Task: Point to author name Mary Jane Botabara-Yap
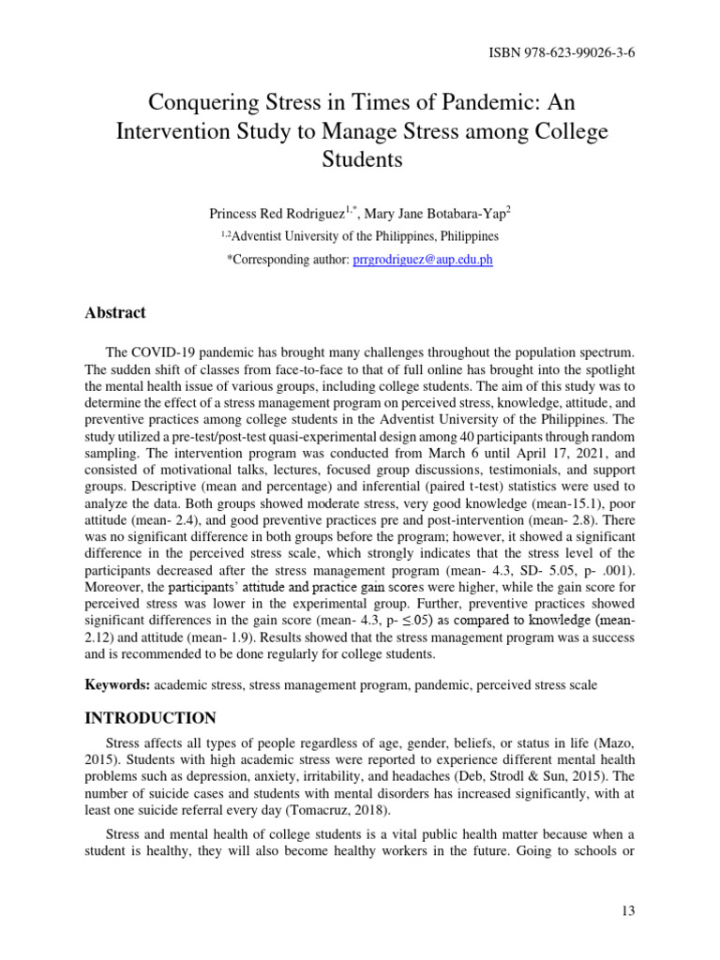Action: coord(434,214)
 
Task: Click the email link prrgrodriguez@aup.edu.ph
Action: coord(423,259)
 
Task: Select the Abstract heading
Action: coord(115,313)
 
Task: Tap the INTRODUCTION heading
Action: coord(151,718)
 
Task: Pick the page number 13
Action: coord(629,910)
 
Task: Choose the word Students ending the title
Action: coord(360,160)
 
